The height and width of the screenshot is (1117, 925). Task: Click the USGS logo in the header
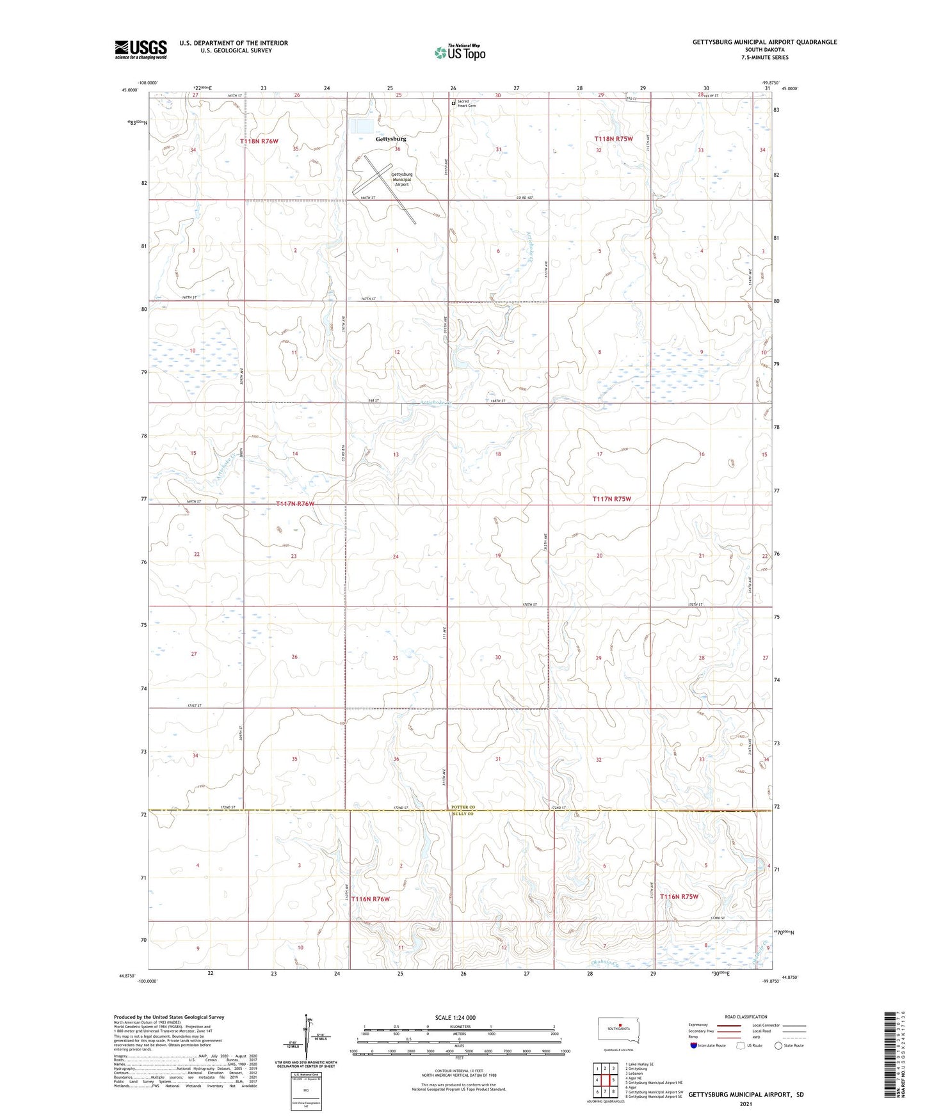[x=140, y=49]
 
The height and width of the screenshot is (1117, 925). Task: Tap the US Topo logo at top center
[x=460, y=52]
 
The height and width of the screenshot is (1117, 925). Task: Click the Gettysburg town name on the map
[x=390, y=139]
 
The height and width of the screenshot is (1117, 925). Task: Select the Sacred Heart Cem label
[x=467, y=104]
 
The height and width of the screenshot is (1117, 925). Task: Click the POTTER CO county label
[x=463, y=807]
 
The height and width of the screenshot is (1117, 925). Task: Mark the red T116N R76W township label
[x=370, y=899]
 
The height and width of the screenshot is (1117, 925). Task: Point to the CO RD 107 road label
[x=525, y=198]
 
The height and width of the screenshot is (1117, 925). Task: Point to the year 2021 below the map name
[x=745, y=1104]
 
